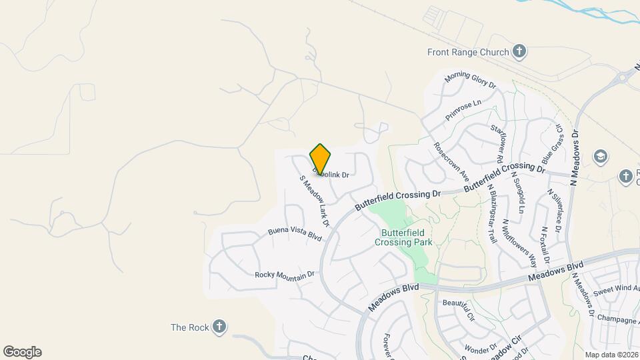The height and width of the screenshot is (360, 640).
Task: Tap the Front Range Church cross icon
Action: pos(520,51)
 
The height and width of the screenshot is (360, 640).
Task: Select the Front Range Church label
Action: pos(469,51)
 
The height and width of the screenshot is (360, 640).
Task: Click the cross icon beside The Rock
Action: pos(219,327)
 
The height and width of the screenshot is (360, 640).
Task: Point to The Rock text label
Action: pos(190,327)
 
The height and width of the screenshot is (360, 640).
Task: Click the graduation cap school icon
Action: pos(599,156)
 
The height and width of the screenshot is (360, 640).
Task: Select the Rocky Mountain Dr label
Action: pos(285,275)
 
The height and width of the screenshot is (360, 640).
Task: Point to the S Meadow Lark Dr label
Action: pos(315,200)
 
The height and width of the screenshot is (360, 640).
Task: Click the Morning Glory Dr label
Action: pos(471,80)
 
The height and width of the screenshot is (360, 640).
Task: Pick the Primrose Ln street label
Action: pos(463,107)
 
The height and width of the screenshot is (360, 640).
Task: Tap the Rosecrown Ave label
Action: pos(451,162)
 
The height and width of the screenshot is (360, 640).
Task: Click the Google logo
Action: pos(22,352)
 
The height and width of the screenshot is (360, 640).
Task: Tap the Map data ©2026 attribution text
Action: pos(611,355)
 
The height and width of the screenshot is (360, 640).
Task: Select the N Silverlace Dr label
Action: pos(554,211)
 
